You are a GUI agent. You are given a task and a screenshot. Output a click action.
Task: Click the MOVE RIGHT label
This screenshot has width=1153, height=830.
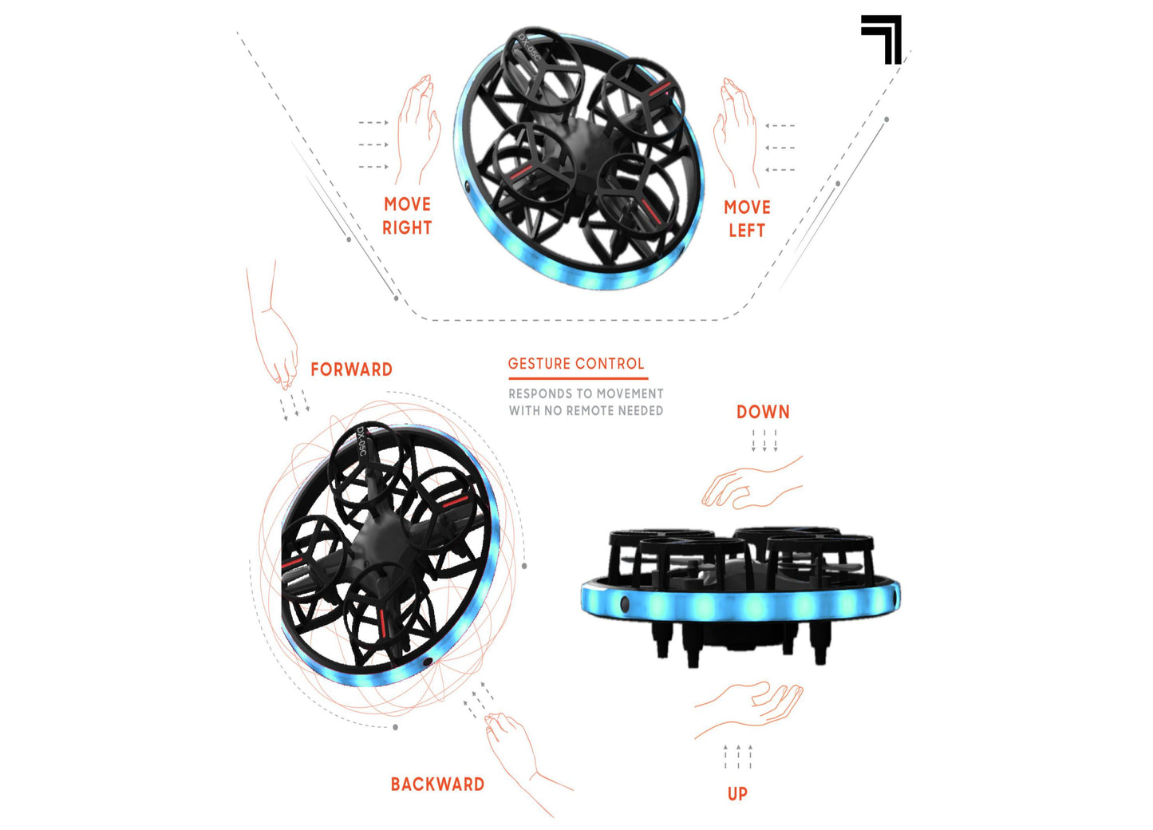click(407, 216)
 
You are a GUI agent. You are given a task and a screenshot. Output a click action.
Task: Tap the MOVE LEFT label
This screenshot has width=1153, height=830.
click(747, 219)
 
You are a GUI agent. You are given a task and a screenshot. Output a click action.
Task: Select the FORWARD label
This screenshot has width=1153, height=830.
click(351, 370)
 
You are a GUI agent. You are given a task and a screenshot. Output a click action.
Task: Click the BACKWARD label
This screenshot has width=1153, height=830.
click(437, 785)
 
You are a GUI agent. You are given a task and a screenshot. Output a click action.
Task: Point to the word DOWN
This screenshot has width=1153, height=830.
click(763, 412)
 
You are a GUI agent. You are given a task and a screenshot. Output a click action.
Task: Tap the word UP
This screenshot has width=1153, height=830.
click(737, 794)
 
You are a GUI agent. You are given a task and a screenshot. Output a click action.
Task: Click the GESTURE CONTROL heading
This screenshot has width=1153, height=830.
click(576, 364)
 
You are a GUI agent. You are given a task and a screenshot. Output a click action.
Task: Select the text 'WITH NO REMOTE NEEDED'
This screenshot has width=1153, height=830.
click(586, 410)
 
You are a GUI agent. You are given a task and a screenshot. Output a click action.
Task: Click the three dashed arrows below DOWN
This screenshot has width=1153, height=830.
click(764, 441)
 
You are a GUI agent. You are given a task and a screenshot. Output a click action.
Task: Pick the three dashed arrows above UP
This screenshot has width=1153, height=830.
click(738, 757)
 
